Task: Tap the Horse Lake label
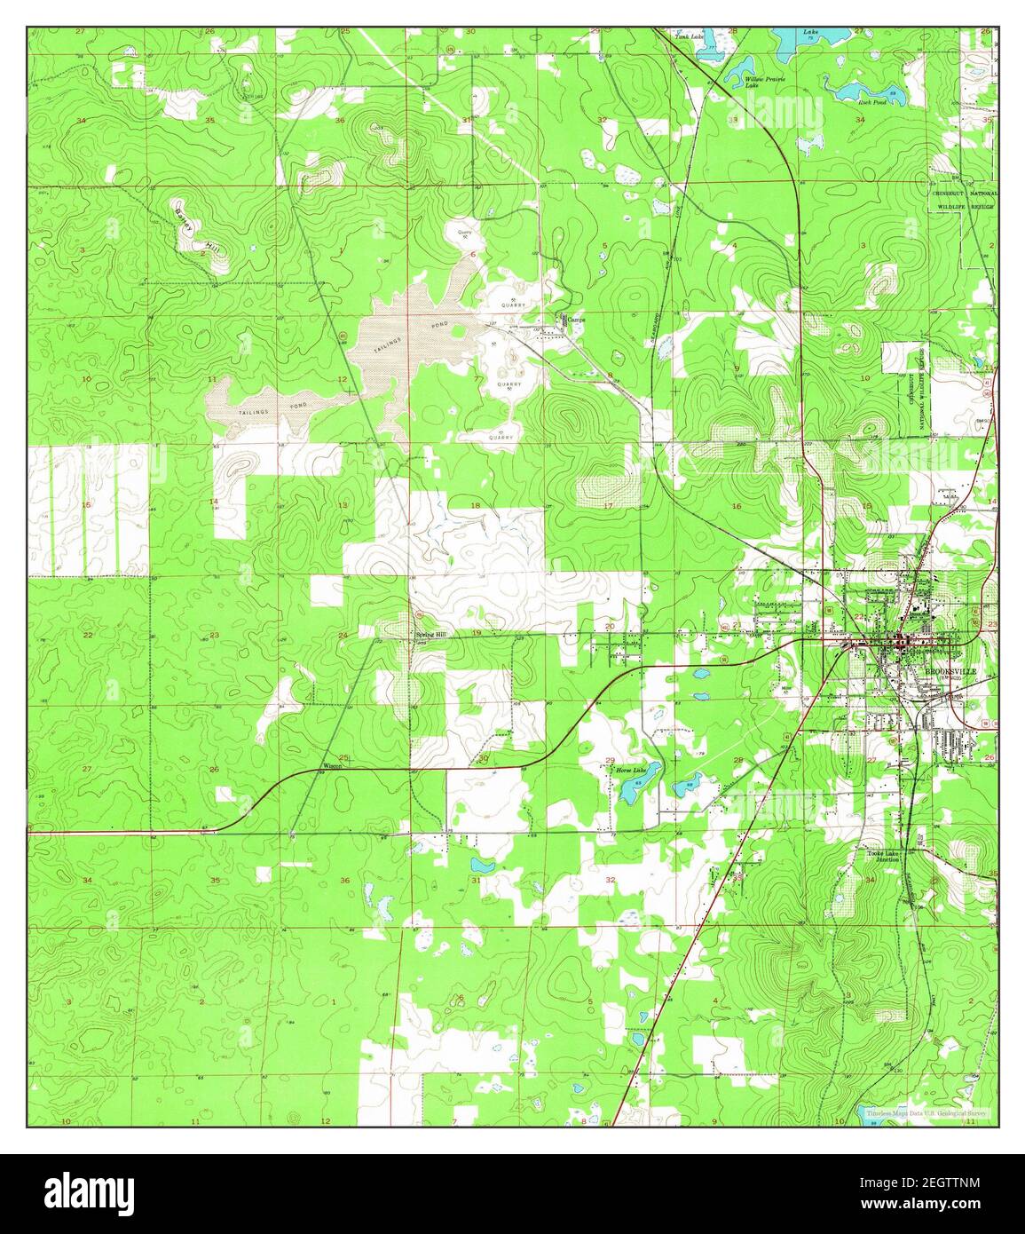(631, 770)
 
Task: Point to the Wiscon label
(331, 764)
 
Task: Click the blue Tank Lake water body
(710, 50)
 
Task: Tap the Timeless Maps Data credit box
(926, 1111)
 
